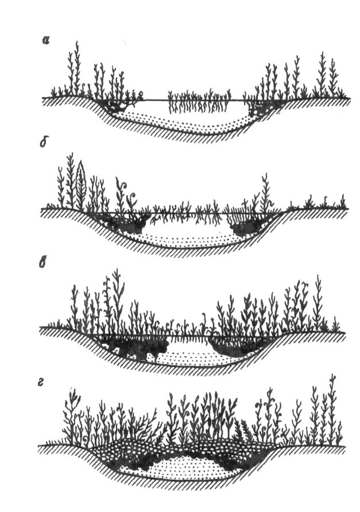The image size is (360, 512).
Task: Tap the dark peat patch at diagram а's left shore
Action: point(118,106)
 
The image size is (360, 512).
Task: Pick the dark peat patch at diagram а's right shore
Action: point(261,105)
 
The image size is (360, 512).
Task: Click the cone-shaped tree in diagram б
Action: point(81,181)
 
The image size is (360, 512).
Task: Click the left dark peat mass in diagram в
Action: point(129,347)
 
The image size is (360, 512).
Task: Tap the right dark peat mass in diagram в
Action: point(235,345)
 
